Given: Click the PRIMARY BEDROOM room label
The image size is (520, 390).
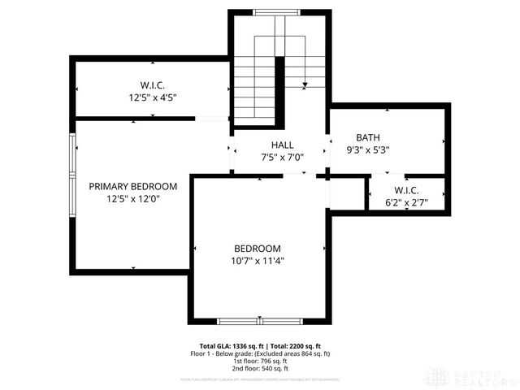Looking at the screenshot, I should (x=132, y=186).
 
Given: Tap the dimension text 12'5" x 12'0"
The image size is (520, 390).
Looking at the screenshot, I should (x=132, y=198).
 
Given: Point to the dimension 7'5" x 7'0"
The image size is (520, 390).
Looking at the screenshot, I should (x=282, y=157).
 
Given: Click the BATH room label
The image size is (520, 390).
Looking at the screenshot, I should (x=367, y=137).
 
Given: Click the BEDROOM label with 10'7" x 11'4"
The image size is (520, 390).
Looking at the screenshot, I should (x=258, y=249).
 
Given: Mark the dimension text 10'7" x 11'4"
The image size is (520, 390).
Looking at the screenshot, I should (x=258, y=261).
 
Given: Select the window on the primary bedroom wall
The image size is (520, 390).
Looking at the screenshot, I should (x=72, y=175).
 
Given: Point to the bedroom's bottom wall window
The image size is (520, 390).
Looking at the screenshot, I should (x=260, y=320).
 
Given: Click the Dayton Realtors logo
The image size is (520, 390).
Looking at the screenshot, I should (x=474, y=375).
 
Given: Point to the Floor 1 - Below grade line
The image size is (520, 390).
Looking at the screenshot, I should (x=260, y=353).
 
